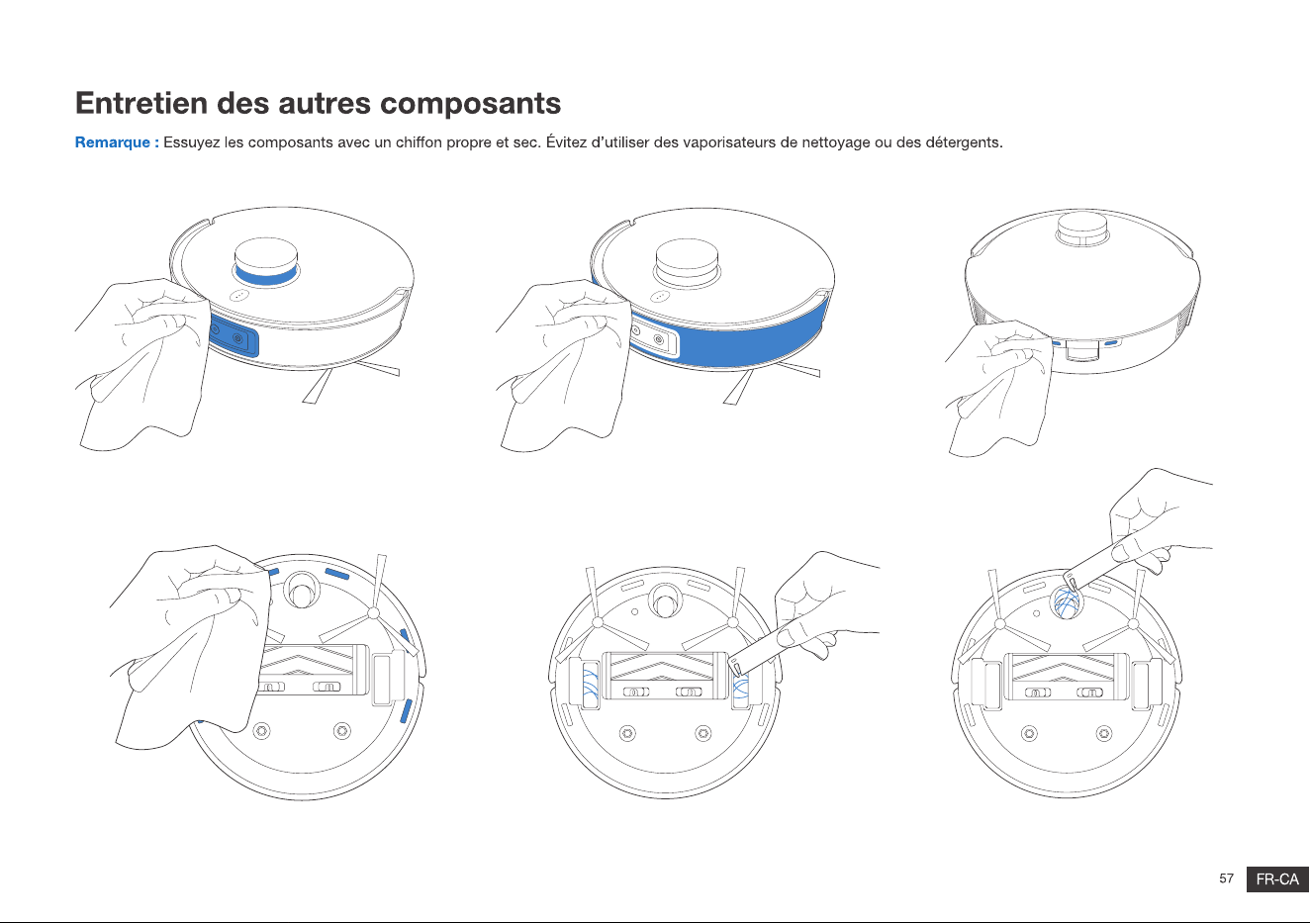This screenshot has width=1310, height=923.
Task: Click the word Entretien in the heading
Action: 140,103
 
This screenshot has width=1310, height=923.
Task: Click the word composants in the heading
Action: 470,105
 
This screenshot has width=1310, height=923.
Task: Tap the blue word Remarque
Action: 112,142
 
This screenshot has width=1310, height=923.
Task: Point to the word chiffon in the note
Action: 419,142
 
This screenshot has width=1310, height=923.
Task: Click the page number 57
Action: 1226,877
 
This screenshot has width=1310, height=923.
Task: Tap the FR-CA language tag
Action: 1277,879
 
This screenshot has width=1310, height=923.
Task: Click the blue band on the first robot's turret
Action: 265,275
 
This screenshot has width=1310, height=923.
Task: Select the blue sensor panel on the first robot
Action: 234,336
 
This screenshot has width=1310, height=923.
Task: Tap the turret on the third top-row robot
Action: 1081,229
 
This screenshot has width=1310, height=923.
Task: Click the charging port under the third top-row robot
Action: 1081,349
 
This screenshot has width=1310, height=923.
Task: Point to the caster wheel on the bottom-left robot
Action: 301,590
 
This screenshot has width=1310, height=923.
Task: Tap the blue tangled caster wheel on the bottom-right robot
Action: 1067,602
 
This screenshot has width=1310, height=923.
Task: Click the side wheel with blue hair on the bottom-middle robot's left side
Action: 590,685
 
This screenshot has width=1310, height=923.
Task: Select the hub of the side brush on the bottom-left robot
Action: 373,613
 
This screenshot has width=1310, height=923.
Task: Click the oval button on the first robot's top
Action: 239,296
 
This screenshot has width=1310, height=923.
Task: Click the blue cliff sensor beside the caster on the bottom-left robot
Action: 336,573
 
